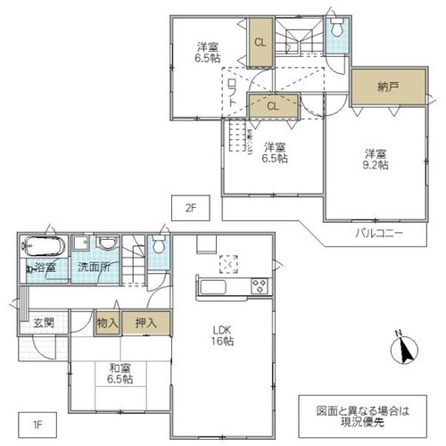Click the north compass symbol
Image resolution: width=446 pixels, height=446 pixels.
404,349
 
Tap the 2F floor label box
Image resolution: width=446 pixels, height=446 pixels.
191,208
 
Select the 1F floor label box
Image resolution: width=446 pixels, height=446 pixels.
37,425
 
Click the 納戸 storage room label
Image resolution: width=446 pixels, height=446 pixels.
388,87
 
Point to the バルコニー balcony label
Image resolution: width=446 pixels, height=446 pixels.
379,233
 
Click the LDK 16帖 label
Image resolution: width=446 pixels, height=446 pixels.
222,335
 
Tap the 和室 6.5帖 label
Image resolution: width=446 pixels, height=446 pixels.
120,374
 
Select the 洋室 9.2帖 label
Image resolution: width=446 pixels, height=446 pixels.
376,160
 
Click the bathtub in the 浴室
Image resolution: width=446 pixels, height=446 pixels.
44,246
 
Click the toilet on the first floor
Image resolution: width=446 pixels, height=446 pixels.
159,244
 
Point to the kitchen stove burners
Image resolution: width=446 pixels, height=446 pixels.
260,286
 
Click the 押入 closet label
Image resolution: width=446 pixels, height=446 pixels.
146,323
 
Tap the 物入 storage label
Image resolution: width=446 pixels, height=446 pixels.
107,323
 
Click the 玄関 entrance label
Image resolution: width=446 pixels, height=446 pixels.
44,323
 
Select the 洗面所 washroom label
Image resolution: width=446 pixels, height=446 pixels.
94,267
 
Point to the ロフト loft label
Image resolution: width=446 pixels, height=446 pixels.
233,93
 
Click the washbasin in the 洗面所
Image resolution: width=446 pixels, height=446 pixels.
107,243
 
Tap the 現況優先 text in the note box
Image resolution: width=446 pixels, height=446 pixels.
362,422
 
